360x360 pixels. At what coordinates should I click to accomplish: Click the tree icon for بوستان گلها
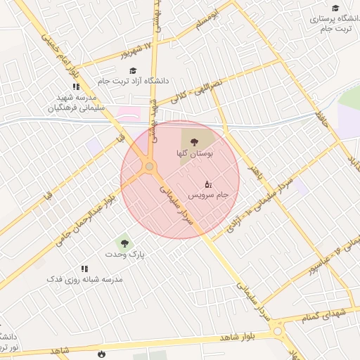(195, 141)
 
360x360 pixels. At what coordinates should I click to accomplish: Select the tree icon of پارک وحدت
(124, 243)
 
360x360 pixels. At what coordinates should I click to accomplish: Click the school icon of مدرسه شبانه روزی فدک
(85, 269)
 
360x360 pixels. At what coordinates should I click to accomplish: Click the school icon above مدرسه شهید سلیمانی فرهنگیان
(76, 86)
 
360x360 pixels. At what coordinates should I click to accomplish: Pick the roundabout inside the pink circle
(149, 167)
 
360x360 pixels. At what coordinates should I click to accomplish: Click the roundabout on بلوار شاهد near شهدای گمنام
(278, 330)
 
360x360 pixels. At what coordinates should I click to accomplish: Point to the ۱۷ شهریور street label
(135, 50)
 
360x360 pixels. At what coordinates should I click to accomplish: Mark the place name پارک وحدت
(124, 254)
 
